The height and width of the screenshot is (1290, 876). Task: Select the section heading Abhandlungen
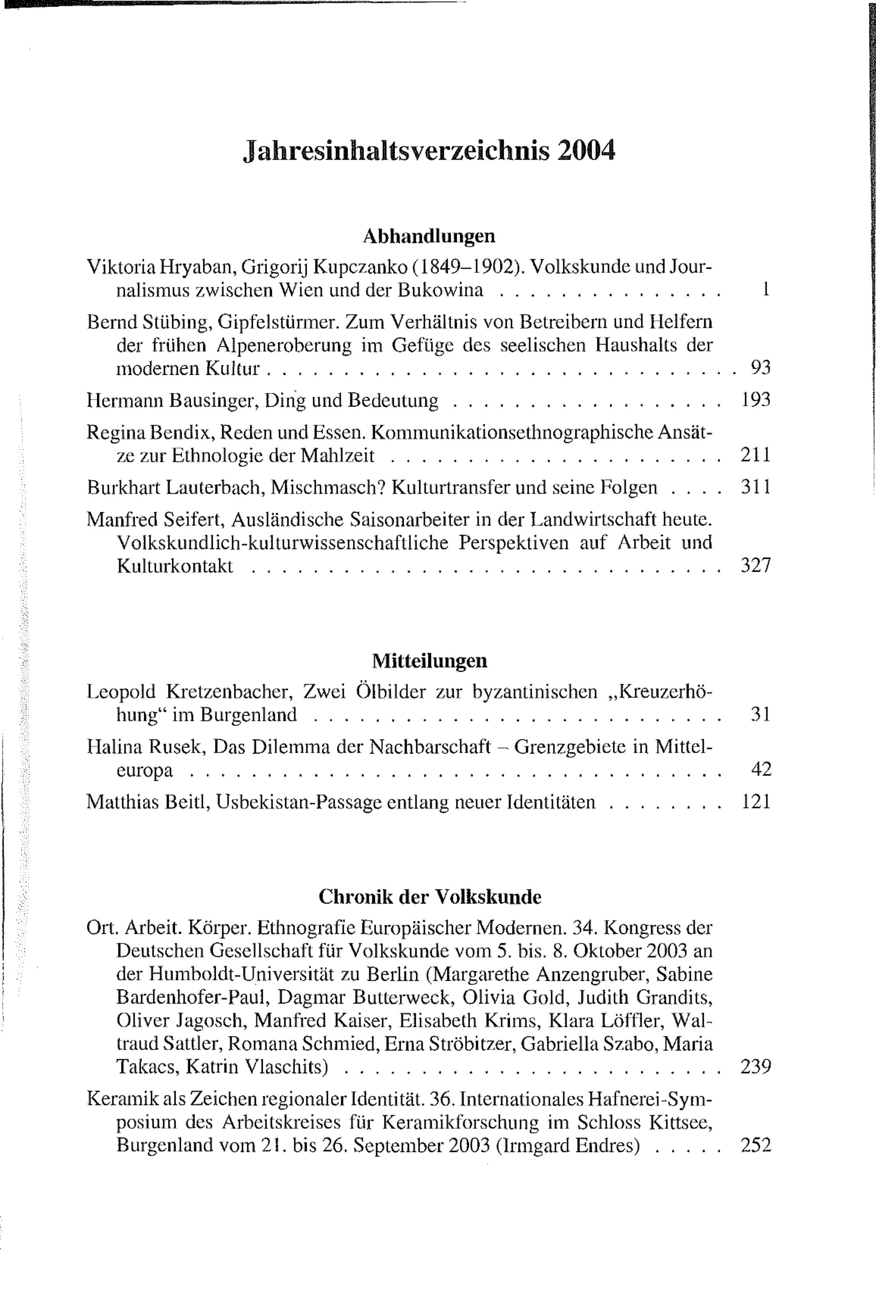428,236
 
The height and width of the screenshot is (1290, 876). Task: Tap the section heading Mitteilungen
429,660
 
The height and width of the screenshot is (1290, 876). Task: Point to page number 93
760,368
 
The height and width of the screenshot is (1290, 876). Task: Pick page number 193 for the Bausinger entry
756,400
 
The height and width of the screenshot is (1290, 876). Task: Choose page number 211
756,455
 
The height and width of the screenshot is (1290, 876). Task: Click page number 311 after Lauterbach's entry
756,487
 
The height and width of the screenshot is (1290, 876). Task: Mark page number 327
756,566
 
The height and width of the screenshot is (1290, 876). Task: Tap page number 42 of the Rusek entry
760,769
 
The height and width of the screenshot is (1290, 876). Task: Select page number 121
756,801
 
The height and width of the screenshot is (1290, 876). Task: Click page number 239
756,1066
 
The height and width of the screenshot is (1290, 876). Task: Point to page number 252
756,1145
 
